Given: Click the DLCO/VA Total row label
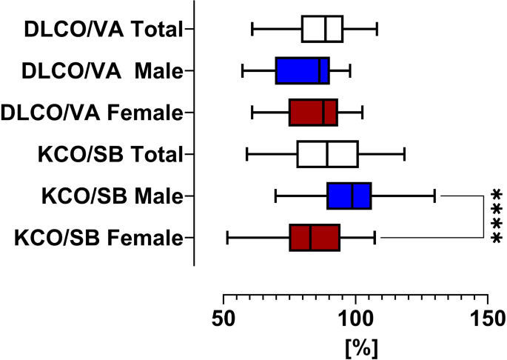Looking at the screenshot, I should [x=104, y=30].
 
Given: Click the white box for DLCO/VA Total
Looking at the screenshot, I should [x=322, y=29].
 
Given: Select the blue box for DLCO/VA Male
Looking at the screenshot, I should [x=302, y=71].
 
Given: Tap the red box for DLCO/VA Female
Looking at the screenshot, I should [x=313, y=113].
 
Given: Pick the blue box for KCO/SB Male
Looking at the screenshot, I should [x=349, y=196].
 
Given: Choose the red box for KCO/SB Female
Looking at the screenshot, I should [x=315, y=238].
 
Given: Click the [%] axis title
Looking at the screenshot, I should [x=355, y=345].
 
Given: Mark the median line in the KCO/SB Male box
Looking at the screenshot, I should [x=352, y=196].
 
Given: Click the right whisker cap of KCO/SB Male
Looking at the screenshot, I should [x=434, y=196].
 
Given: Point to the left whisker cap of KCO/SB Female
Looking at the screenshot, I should [x=227, y=238].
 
